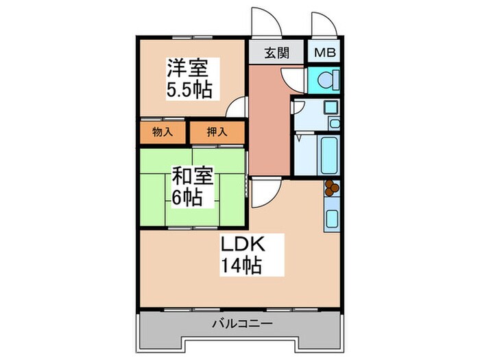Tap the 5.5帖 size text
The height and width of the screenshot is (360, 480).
pos(189,88)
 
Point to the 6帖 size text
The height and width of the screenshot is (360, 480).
pos(186,198)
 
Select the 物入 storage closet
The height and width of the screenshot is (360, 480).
pos(163,132)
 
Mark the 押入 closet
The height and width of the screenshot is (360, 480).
pos(217,132)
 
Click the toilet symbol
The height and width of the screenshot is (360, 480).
pos(324,80)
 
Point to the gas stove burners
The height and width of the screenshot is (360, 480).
pos(331,186)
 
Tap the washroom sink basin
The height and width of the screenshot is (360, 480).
pos(331,108)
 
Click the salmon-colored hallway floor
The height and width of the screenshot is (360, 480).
pos(269,123)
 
